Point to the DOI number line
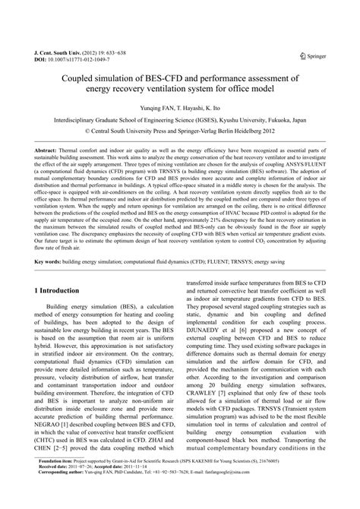(68, 62)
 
